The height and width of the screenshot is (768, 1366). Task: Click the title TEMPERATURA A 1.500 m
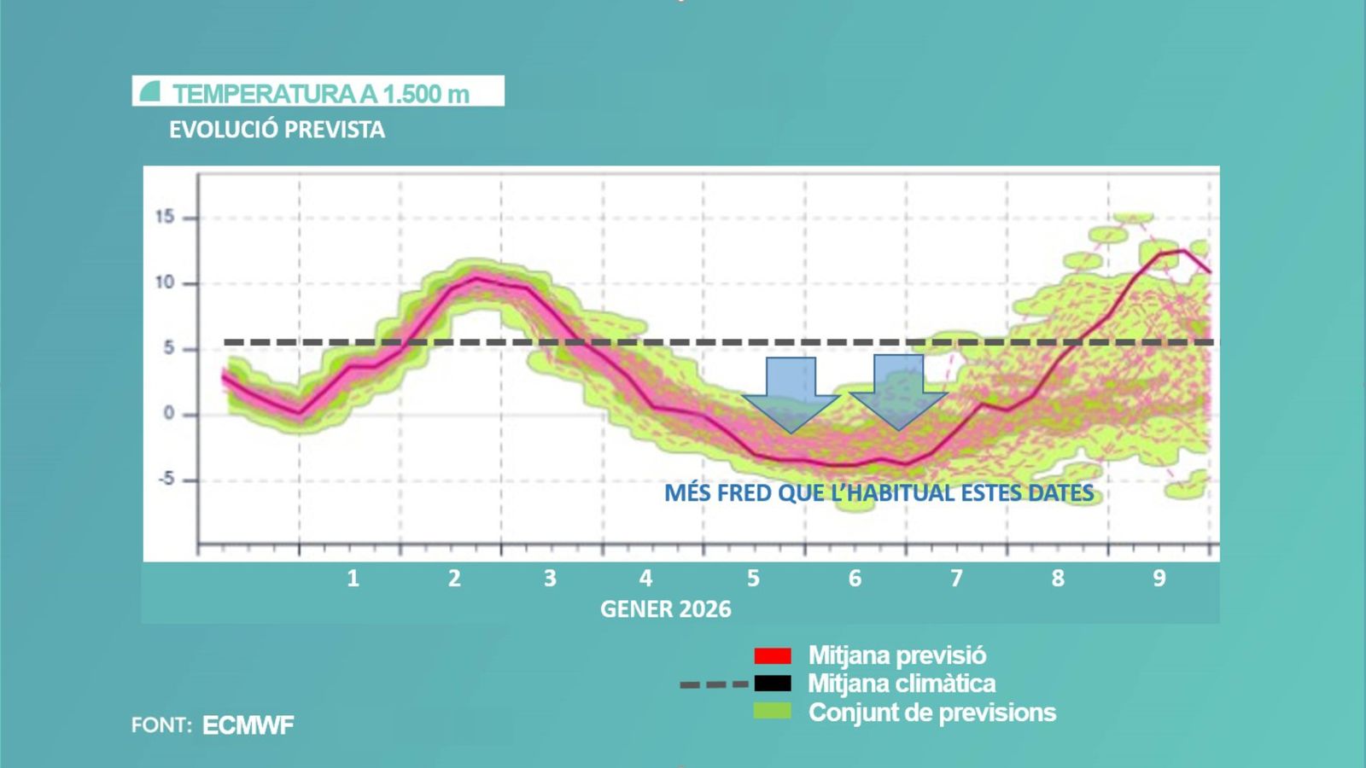(321, 93)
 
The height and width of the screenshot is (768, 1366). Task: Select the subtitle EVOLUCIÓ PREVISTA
(277, 130)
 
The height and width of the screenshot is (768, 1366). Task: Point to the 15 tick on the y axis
(165, 217)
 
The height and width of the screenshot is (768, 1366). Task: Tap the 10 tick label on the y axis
(165, 282)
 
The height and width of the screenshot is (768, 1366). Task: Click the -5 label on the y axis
(166, 480)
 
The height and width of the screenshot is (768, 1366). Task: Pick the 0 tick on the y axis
(168, 414)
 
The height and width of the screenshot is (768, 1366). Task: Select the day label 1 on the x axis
(353, 579)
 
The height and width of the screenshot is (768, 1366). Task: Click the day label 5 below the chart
(753, 579)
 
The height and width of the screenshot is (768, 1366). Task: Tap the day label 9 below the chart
(1159, 579)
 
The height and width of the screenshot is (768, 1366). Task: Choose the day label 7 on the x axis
(956, 579)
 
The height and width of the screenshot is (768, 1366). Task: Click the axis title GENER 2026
(665, 609)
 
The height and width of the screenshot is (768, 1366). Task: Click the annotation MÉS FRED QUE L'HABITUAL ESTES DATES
(879, 493)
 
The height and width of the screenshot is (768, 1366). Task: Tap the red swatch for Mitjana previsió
(773, 655)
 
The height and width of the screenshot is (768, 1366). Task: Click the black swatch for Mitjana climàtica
(773, 684)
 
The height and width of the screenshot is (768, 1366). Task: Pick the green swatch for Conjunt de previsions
(773, 711)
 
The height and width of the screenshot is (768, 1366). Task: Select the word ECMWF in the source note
(248, 725)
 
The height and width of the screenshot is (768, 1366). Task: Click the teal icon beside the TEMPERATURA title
(150, 91)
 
